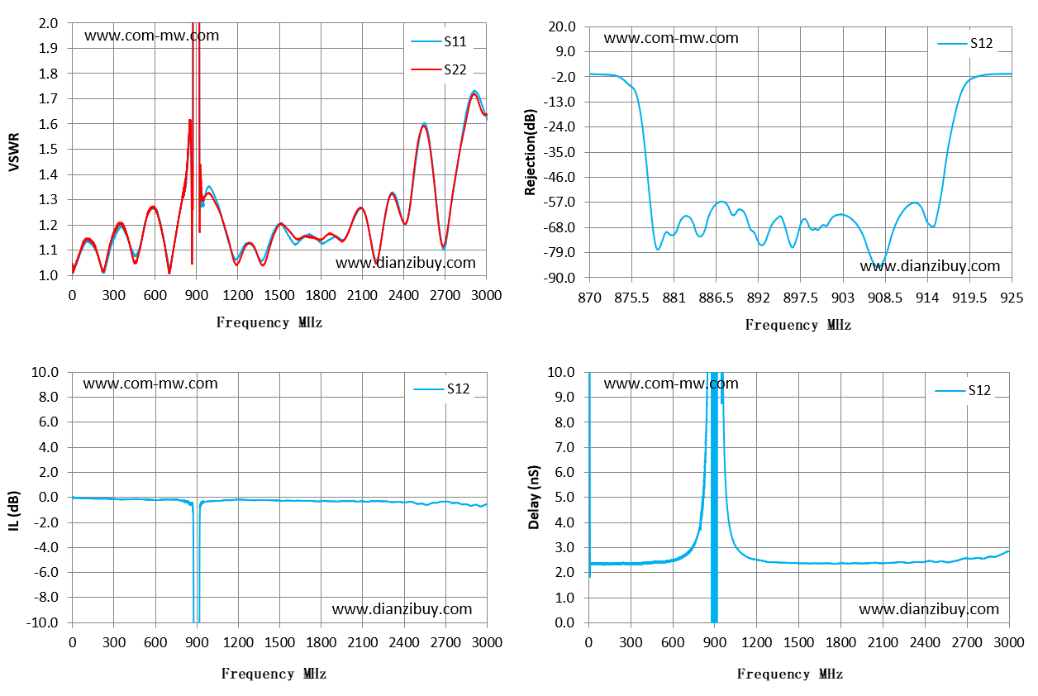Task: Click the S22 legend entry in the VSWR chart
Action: coord(438,69)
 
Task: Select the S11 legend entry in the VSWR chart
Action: coord(438,41)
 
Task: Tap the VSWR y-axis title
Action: coord(14,152)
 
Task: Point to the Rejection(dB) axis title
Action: coord(530,152)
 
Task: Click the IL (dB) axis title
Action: coord(14,511)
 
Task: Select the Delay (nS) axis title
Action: coord(534,498)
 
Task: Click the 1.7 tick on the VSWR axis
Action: coord(48,98)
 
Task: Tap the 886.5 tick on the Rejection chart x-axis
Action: coord(716,298)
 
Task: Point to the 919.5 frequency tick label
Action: coord(969,298)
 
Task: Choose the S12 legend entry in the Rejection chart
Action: coord(964,43)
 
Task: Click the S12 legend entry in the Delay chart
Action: coord(963,391)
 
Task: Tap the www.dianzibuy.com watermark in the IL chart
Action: coord(402,609)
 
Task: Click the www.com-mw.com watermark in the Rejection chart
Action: coord(671,38)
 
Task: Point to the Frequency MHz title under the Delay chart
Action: coord(789,674)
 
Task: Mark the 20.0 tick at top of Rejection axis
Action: coord(562,26)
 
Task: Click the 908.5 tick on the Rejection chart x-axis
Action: coord(885,298)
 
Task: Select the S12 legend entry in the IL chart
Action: coord(441,389)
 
